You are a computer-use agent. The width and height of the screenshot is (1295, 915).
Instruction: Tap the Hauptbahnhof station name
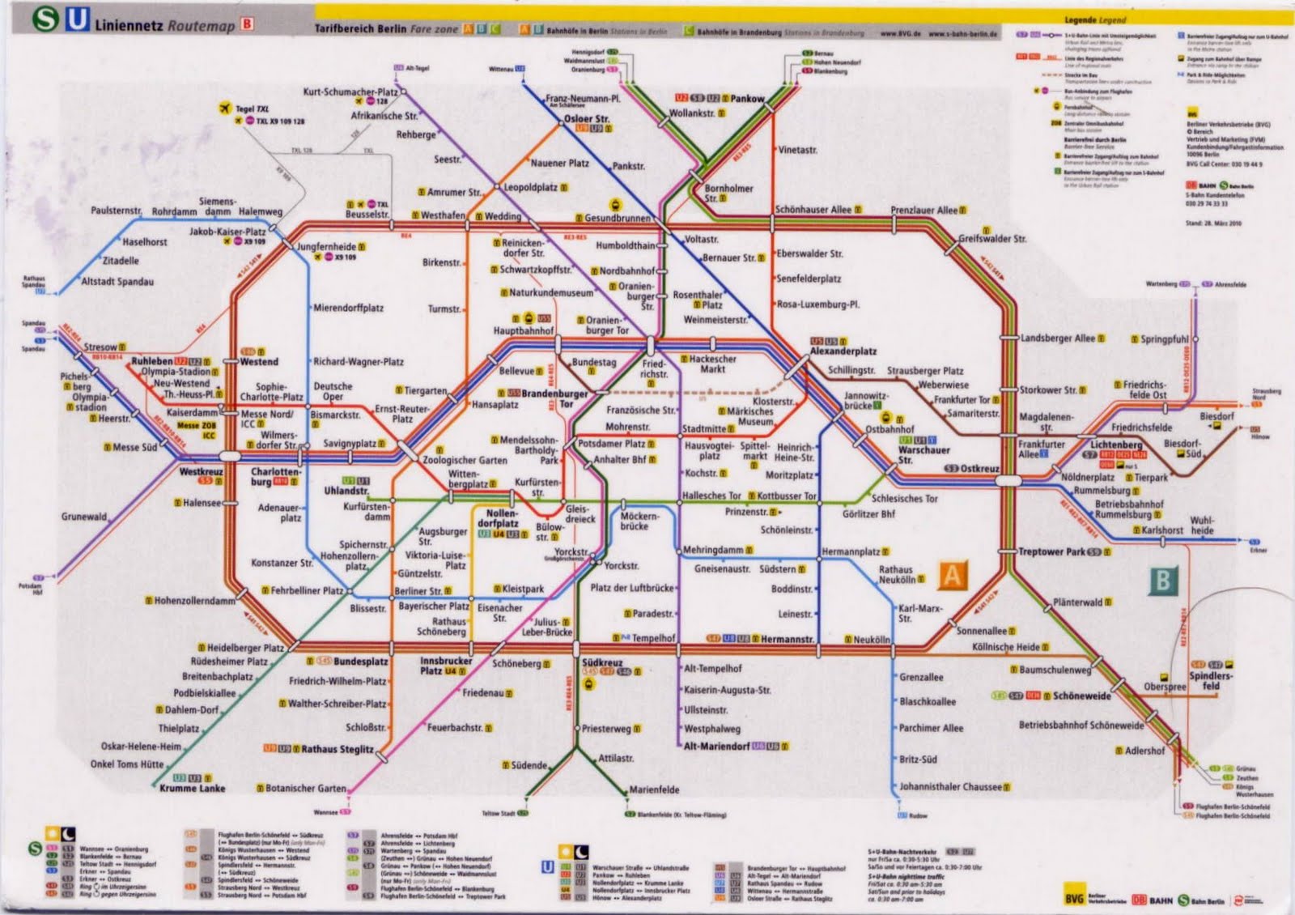point(524,331)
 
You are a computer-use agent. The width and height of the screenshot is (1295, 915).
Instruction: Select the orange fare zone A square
point(952,576)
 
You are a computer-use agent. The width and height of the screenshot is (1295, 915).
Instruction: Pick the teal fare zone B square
point(1163,580)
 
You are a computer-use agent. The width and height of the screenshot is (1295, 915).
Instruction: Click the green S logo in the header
point(45,19)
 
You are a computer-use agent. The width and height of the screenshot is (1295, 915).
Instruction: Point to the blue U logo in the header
point(77,19)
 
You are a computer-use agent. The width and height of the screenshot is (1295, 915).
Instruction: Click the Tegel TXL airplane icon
point(225,109)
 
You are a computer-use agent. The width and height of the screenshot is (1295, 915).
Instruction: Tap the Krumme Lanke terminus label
point(193,788)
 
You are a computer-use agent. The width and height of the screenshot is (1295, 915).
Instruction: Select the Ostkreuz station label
point(979,469)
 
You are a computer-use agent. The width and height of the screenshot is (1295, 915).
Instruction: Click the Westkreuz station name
point(201,471)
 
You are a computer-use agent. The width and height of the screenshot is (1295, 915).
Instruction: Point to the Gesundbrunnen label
point(618,219)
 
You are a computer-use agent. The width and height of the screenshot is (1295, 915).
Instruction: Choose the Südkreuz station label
point(601,662)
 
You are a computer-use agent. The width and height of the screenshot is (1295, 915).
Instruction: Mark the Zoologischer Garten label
point(465,460)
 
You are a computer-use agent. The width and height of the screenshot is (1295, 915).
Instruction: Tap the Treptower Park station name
point(1052,551)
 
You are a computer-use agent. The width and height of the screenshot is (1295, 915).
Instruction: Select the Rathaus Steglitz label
point(338,749)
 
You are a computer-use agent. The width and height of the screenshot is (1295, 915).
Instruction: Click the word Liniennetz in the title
point(129,25)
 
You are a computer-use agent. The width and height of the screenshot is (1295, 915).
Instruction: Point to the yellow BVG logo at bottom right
point(1074,899)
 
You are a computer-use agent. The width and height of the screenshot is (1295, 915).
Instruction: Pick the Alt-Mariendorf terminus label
point(716,746)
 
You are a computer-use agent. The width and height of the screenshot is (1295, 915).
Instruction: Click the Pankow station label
point(747,99)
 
